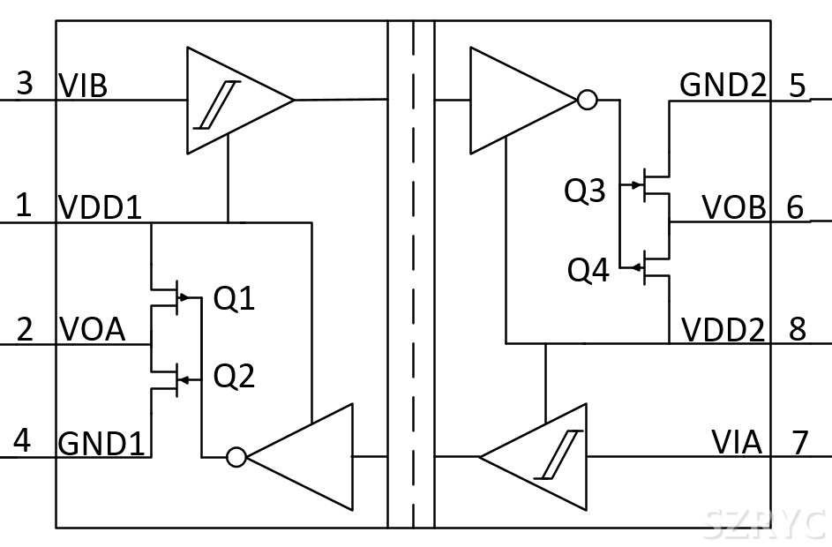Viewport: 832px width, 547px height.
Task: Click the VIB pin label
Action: coord(83,86)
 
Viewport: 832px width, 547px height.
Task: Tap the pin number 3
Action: coord(25,85)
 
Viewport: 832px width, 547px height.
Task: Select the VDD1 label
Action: coord(100,207)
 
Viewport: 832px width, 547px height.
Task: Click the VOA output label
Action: coord(92,330)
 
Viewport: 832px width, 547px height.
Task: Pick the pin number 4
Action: coord(24,441)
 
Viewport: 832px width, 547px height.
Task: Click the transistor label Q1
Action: coord(235,300)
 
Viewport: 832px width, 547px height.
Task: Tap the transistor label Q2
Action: coord(235,377)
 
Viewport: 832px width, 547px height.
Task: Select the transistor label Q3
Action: coord(586,191)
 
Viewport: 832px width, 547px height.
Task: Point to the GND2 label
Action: coord(723,86)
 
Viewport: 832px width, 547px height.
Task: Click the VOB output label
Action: coord(734,208)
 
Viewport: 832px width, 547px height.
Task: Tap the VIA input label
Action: coord(737,442)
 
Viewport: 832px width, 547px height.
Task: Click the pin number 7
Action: coord(799,442)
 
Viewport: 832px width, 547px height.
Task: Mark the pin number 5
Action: coord(798,86)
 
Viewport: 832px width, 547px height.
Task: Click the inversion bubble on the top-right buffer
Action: coord(587,100)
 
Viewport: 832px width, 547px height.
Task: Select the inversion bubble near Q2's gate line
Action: coord(236,456)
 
